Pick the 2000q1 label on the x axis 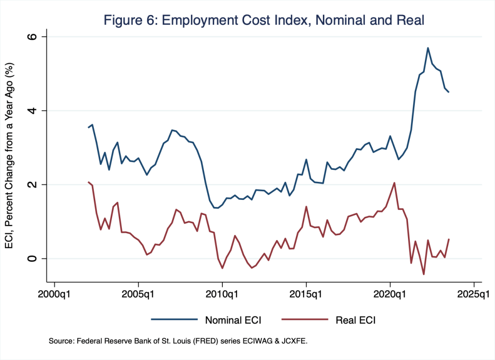coord(55,294)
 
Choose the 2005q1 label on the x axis coord(138,294)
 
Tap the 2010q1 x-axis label coord(222,294)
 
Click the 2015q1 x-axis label coord(306,294)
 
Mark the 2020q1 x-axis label coord(390,294)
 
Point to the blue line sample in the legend coord(175,319)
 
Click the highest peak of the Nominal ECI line coord(428,47)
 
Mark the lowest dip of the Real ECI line coord(423,274)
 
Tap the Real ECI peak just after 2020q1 coord(394,182)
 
